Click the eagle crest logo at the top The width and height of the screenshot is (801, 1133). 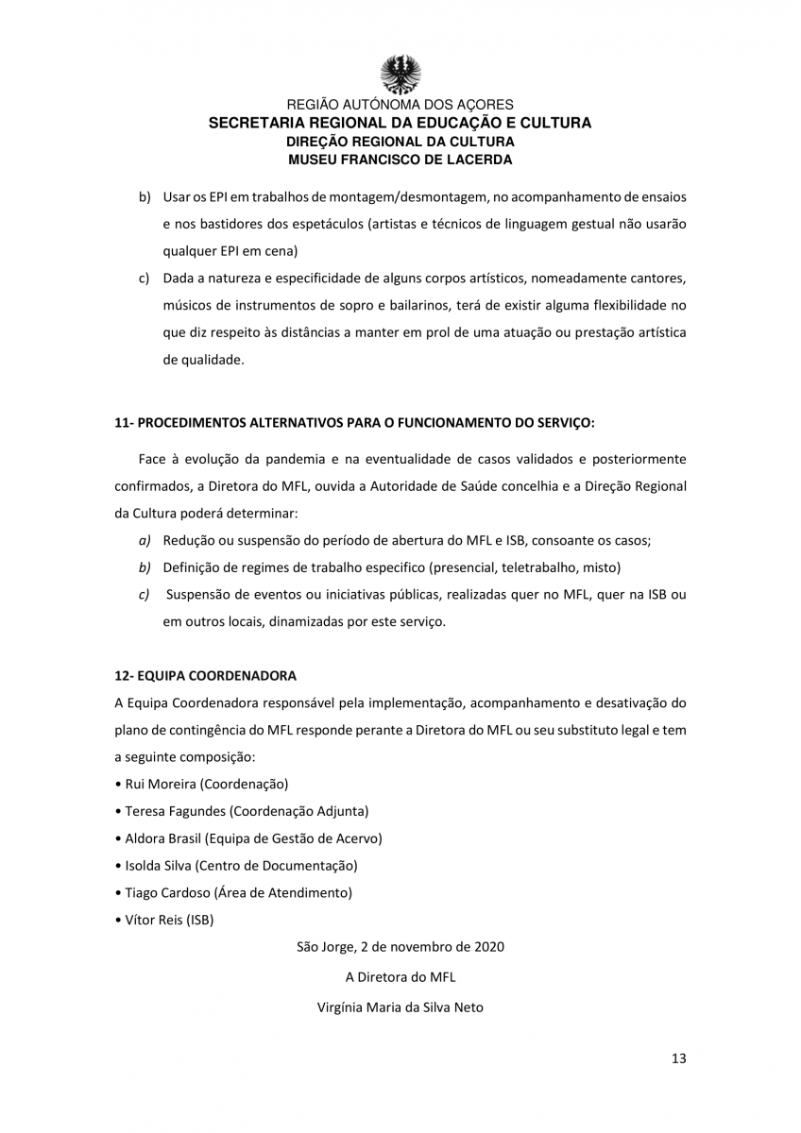click(x=400, y=74)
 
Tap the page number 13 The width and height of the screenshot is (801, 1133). click(x=679, y=1057)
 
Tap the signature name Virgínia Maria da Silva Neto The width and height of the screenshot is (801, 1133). click(x=400, y=1007)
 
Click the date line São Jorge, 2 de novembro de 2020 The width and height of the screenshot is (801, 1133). click(x=400, y=946)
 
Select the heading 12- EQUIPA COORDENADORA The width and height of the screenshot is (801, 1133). click(x=205, y=676)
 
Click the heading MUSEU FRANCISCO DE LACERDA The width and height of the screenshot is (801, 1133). click(x=400, y=160)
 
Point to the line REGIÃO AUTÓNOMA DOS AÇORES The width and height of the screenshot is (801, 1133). click(x=400, y=105)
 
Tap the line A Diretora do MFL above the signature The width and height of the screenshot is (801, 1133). click(x=400, y=977)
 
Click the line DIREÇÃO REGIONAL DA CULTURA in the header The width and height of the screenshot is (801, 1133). click(x=400, y=142)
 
